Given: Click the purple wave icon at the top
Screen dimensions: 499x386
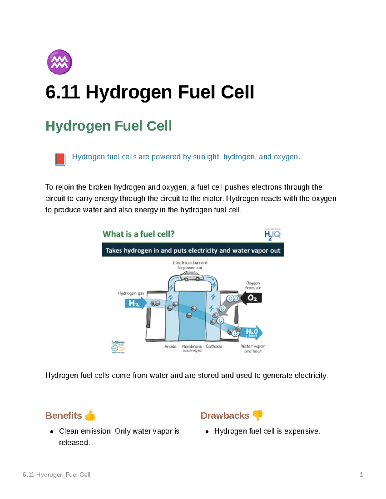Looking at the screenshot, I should pyautogui.click(x=60, y=62).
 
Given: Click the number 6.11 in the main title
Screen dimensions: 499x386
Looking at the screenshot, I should pyautogui.click(x=62, y=92).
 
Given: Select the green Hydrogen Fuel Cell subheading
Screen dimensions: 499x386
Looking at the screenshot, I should pyautogui.click(x=108, y=126).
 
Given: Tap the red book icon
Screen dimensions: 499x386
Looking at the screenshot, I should pyautogui.click(x=60, y=159).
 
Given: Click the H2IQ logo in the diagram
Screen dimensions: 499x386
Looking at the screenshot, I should pyautogui.click(x=272, y=234).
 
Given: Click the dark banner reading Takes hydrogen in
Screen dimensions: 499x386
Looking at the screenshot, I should pyautogui.click(x=193, y=250).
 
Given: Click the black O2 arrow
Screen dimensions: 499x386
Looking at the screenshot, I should pyautogui.click(x=252, y=298).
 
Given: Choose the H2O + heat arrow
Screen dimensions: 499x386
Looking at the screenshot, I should pyautogui.click(x=253, y=332).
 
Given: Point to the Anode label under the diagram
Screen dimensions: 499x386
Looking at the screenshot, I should pyautogui.click(x=170, y=346).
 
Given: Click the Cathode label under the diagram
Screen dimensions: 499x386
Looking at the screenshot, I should pyautogui.click(x=214, y=346).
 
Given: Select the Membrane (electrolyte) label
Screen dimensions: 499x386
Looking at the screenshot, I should pyautogui.click(x=192, y=348).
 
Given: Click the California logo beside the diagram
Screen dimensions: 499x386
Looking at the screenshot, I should pyautogui.click(x=118, y=347).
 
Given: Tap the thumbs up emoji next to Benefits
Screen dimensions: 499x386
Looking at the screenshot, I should pyautogui.click(x=90, y=415).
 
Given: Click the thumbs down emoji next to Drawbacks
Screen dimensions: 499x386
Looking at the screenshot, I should pyautogui.click(x=258, y=415).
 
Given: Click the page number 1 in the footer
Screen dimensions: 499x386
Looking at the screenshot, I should pyautogui.click(x=361, y=475).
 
